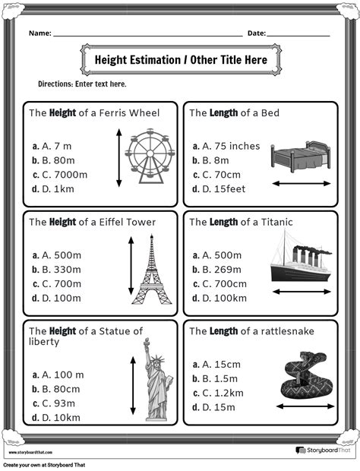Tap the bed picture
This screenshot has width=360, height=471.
pos(302,157)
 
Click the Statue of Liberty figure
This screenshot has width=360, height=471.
pos(157,379)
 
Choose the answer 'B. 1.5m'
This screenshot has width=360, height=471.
pos(219,378)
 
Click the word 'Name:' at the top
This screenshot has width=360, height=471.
pos(40,33)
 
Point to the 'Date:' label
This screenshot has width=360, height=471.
pos(256,33)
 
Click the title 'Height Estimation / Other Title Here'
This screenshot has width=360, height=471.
pos(181,59)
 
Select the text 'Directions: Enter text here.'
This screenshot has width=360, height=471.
pos(82,84)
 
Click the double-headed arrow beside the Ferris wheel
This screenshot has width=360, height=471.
pos(118,158)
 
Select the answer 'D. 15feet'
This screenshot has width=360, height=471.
pos(223,189)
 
